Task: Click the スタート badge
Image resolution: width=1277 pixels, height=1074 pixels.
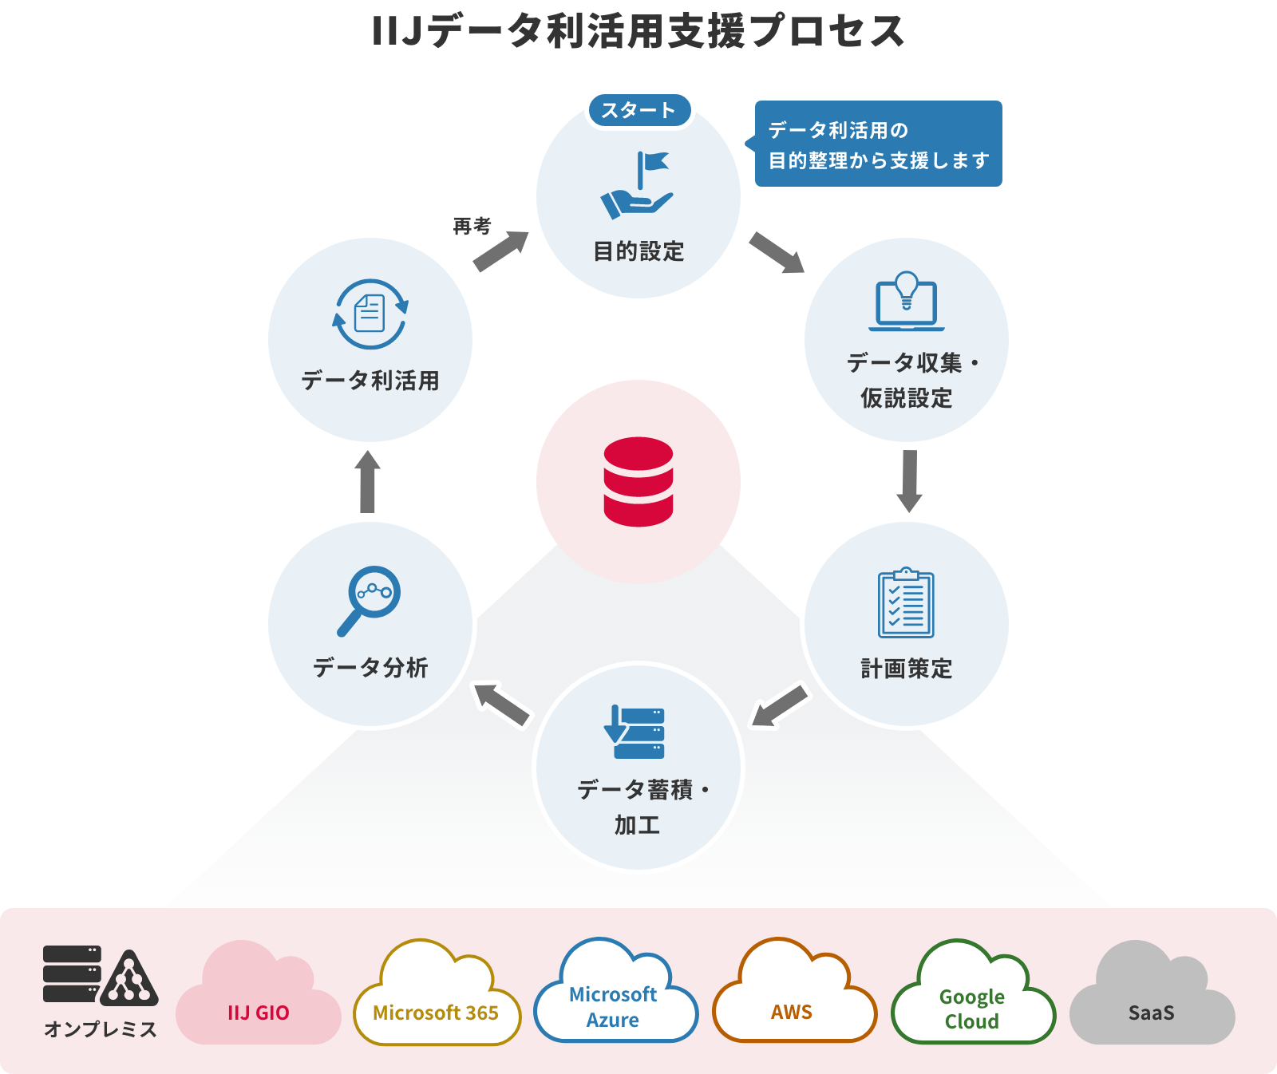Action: pos(638,110)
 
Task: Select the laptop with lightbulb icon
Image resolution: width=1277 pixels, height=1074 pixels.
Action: pos(907,302)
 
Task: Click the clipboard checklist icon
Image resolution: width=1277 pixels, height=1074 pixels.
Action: pos(906,603)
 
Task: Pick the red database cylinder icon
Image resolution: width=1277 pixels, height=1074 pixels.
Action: pos(638,481)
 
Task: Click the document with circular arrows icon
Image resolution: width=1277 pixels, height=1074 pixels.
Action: pos(370,314)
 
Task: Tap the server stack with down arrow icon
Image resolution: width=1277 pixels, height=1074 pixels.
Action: pos(635,732)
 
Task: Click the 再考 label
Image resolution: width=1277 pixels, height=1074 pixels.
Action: pos(472,227)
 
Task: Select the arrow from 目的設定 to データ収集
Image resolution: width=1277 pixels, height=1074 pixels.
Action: pos(777,252)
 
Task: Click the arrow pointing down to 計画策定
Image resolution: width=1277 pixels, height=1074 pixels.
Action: pos(909,480)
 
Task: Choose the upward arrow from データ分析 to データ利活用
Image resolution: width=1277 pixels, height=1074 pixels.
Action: pos(367,482)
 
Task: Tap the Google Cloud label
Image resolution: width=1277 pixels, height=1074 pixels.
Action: pos(971,1009)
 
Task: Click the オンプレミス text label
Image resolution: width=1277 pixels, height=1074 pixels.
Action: pos(101,1029)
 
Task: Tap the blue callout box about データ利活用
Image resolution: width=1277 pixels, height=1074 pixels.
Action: pos(878,144)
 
